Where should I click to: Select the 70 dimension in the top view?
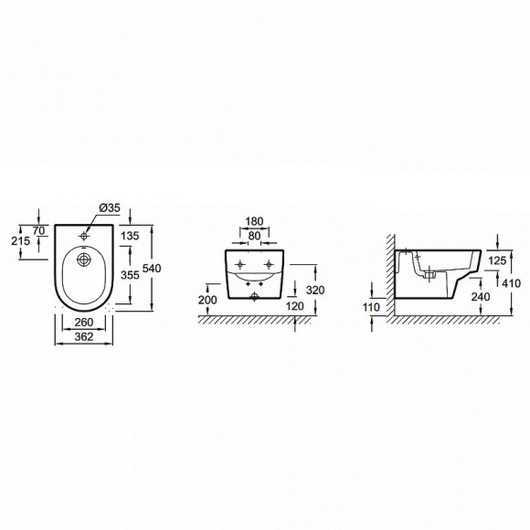[x=40, y=232]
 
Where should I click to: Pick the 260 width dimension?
[x=84, y=323]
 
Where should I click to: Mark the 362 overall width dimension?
[x=84, y=337]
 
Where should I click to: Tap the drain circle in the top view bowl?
[x=85, y=260]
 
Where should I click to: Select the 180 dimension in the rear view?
[x=255, y=221]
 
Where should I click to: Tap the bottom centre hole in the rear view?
[x=255, y=296]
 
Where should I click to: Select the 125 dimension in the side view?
[x=495, y=261]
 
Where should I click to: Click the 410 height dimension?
[x=510, y=283]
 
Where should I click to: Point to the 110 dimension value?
[x=371, y=308]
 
